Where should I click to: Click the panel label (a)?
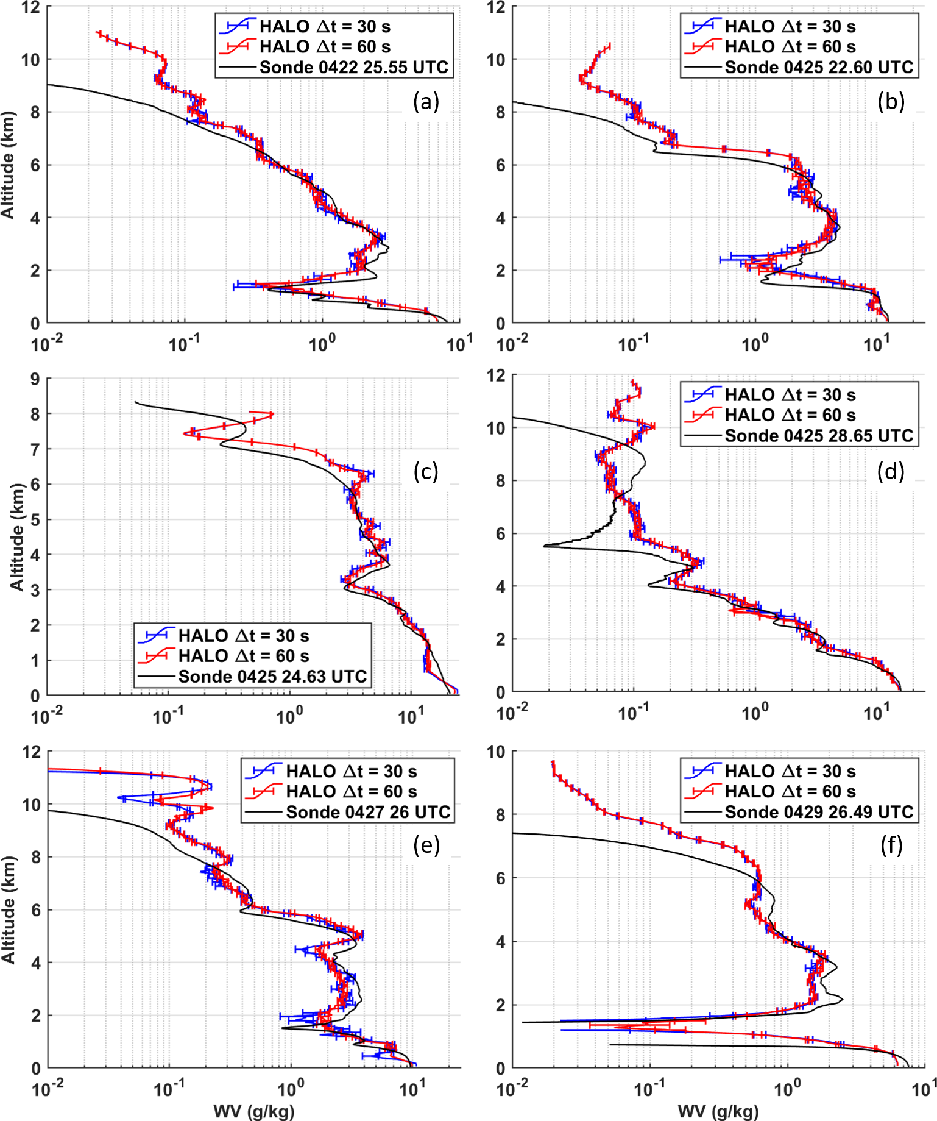[x=426, y=102]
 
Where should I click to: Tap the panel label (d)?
[x=891, y=471]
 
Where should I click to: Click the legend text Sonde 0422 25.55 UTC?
[x=353, y=67]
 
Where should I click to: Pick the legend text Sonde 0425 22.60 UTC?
[x=819, y=67]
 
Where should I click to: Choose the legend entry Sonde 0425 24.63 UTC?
[x=272, y=677]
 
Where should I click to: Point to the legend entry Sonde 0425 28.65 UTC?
[x=819, y=436]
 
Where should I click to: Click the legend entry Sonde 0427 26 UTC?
[x=368, y=812]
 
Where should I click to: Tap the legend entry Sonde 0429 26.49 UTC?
[x=819, y=812]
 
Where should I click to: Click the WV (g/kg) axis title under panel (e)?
[x=254, y=1111]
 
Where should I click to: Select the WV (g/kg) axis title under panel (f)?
[x=719, y=1111]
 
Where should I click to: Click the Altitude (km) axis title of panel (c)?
[x=16, y=537]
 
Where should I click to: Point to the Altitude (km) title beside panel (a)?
[x=7, y=165]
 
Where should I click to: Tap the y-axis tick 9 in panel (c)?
[x=35, y=379]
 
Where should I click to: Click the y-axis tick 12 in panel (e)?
[x=32, y=752]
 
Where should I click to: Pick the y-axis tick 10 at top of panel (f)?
[x=496, y=752]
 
